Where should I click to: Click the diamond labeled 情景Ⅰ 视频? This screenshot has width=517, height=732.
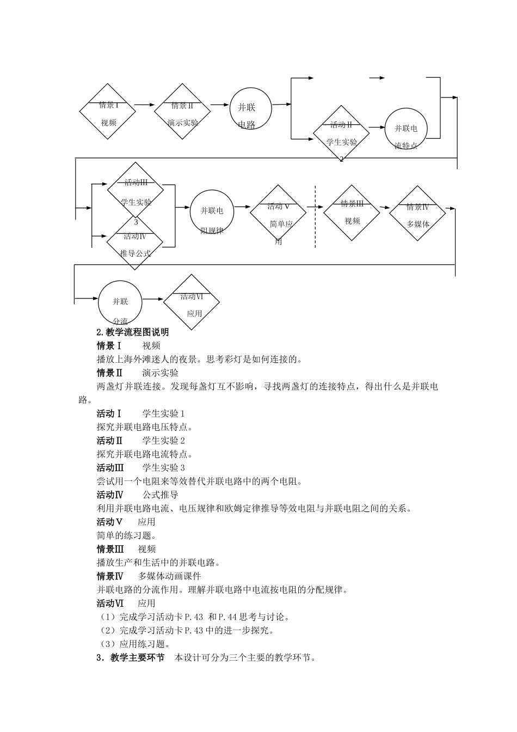pos(107,112)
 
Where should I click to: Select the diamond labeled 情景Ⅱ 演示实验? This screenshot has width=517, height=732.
pos(182,112)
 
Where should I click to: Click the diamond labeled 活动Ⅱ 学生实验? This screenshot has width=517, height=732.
pos(341,134)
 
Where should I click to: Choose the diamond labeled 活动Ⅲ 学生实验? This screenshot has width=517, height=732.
pos(136,191)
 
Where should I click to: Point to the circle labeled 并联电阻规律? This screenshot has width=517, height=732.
pos(212,212)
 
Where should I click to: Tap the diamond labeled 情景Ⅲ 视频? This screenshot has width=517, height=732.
pos(352,212)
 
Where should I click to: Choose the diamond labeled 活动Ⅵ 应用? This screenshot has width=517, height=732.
pos(192,302)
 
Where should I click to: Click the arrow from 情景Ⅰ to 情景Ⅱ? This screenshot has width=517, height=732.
pos(145,104)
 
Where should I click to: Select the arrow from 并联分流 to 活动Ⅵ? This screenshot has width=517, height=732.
pos(153,298)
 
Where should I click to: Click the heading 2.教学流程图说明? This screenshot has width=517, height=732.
pos(133,332)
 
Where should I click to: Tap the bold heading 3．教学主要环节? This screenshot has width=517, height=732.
pos(131,657)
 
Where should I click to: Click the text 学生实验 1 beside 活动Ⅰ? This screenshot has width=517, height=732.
pos(164,413)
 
